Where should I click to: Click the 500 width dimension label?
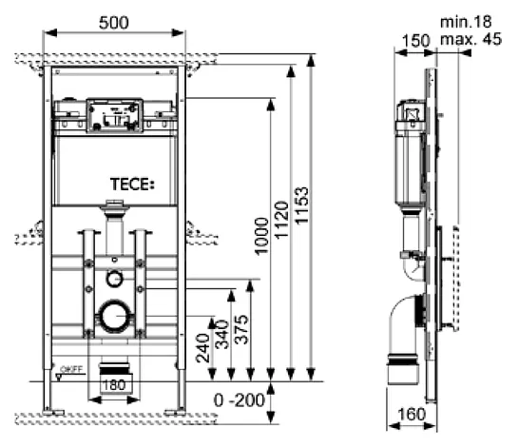pos(113,23)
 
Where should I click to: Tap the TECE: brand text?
pos(132,185)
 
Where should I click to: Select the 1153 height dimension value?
pos(302,206)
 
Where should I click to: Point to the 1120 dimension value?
pos(282,220)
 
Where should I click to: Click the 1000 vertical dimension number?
pos(261,236)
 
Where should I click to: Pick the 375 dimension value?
pos(241,329)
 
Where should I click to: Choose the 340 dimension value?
pos(222,335)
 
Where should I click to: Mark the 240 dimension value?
pos(202,348)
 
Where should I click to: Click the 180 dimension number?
pos(114,385)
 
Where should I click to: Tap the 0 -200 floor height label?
pos(240,400)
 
